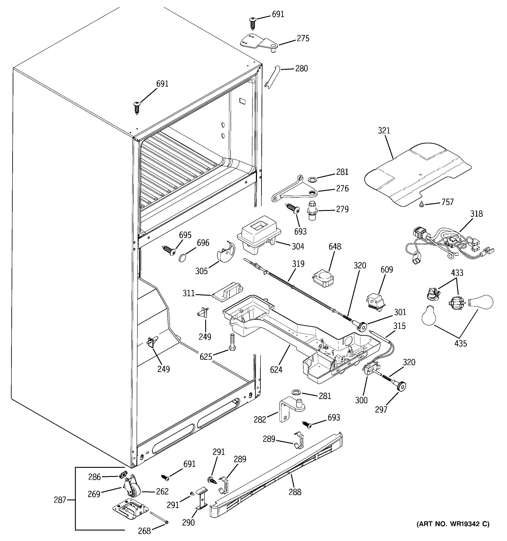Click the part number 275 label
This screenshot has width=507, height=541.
click(303, 38)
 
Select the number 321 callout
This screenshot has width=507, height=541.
click(384, 131)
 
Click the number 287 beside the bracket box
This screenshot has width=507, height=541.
click(60, 500)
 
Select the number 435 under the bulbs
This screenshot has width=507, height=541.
click(460, 343)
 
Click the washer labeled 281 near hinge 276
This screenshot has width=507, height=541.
click(312, 180)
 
